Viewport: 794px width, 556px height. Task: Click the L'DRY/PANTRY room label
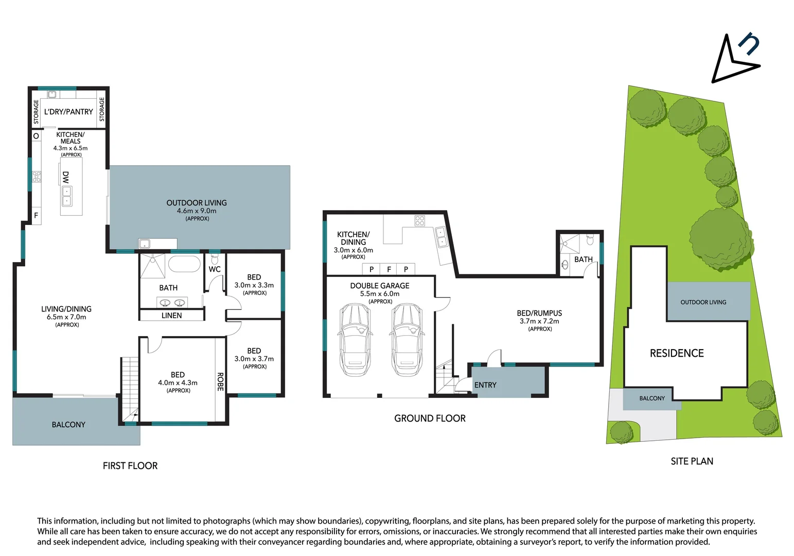point(68,112)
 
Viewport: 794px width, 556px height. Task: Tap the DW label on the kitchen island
point(66,178)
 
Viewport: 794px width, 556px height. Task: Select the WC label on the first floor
point(215,269)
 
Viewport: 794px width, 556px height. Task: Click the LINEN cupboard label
point(171,316)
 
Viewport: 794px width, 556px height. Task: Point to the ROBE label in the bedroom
point(220,381)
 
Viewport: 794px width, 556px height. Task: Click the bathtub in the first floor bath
point(184,264)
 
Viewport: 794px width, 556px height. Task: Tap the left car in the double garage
point(355,340)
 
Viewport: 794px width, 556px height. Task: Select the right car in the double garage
point(407,340)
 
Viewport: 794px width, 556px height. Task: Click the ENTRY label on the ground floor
point(485,385)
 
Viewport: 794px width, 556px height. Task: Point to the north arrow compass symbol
point(735,59)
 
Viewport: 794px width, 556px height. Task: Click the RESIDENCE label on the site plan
point(677,353)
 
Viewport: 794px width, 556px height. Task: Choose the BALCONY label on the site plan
point(652,398)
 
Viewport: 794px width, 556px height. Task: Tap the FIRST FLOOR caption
point(130,466)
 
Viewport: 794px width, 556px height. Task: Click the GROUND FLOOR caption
point(430,419)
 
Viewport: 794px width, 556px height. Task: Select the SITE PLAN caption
point(692,461)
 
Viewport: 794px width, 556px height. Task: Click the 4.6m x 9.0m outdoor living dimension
point(197,211)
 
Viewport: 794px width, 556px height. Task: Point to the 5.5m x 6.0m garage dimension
point(380,294)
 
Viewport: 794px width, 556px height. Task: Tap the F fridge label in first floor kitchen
point(36,216)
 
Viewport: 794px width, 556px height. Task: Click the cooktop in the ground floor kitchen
point(420,221)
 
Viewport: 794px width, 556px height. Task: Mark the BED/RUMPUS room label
point(539,313)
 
